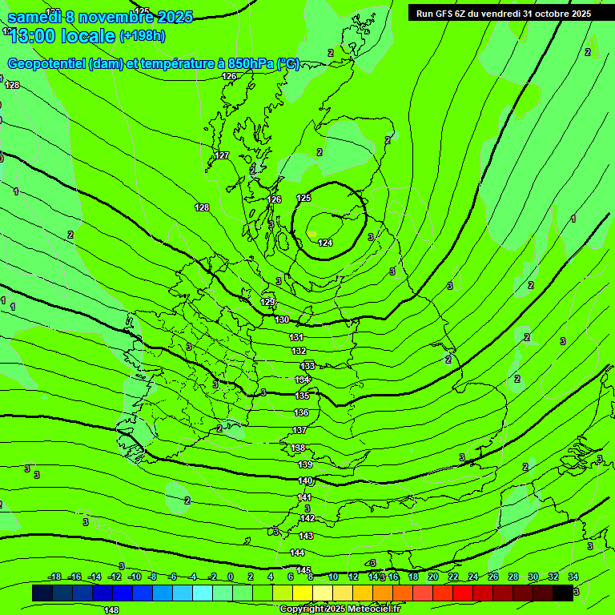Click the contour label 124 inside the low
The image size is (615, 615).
(x=325, y=243)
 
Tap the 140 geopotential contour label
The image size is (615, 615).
(x=305, y=481)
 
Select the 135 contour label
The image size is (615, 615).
(x=302, y=396)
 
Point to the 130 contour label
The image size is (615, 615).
(x=282, y=320)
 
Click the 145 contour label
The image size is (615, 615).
(x=303, y=570)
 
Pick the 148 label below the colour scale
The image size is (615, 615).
(x=111, y=610)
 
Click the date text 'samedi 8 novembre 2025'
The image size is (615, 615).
(x=100, y=16)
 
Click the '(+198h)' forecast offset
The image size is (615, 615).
(x=143, y=36)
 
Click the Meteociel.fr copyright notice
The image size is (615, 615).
(x=340, y=609)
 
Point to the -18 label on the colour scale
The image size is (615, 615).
(x=54, y=577)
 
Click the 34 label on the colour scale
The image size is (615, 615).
(x=573, y=577)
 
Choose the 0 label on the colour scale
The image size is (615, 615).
(x=230, y=577)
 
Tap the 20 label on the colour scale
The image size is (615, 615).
(x=432, y=577)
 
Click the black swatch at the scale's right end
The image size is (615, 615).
(x=563, y=593)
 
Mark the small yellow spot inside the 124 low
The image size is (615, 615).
(x=312, y=234)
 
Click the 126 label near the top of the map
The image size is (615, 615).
(x=229, y=77)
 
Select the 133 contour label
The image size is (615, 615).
(x=307, y=366)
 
